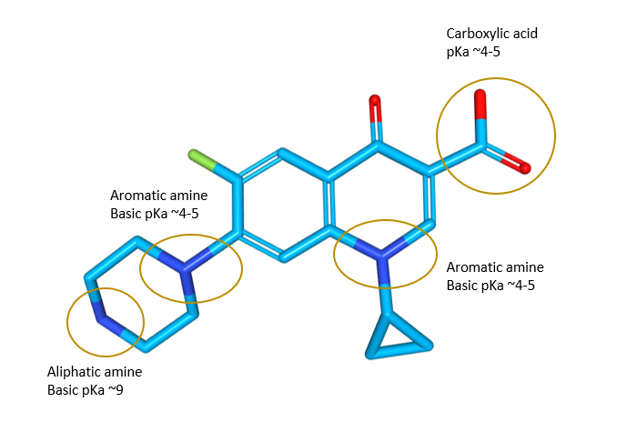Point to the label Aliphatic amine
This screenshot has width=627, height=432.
coord(95,372)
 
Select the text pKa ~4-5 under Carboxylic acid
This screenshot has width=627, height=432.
coord(473,52)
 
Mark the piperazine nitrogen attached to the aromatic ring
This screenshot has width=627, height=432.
coord(187,269)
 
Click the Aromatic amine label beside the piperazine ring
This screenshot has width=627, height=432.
coord(158,196)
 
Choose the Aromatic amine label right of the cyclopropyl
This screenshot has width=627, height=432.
coord(495,267)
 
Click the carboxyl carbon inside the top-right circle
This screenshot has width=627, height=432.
coord(481,144)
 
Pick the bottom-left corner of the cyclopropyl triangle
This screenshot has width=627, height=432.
coord(369,353)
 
